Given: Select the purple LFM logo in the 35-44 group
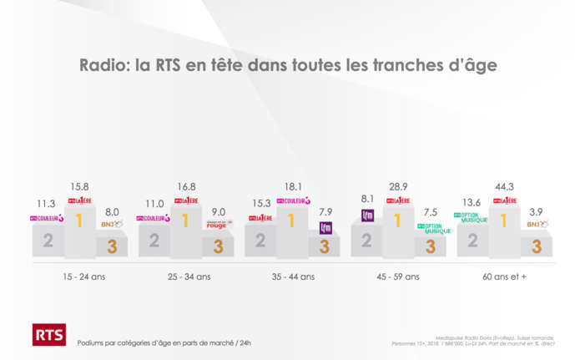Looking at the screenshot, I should [x=325, y=227].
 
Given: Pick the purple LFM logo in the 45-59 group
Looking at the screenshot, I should [x=367, y=215].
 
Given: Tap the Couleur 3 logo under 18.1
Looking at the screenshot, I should [x=293, y=200].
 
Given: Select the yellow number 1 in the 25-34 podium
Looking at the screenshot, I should [x=186, y=221].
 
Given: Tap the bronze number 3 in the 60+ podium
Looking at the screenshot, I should [x=537, y=246].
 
